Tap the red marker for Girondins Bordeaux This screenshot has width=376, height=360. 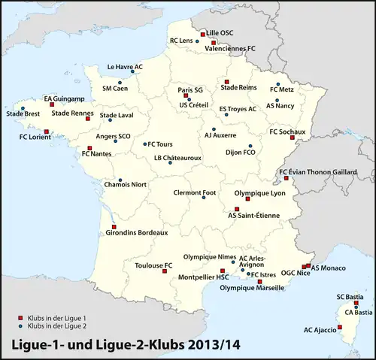(x=114, y=226)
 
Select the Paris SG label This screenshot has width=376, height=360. (x=191, y=89)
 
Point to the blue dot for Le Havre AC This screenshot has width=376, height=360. (x=140, y=74)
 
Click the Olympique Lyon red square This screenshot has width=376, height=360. (x=247, y=199)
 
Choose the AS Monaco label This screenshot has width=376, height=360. (x=329, y=268)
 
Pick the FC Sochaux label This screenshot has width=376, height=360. (x=287, y=132)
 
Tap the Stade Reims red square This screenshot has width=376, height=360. (x=226, y=80)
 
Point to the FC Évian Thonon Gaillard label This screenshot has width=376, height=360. (x=317, y=172)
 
